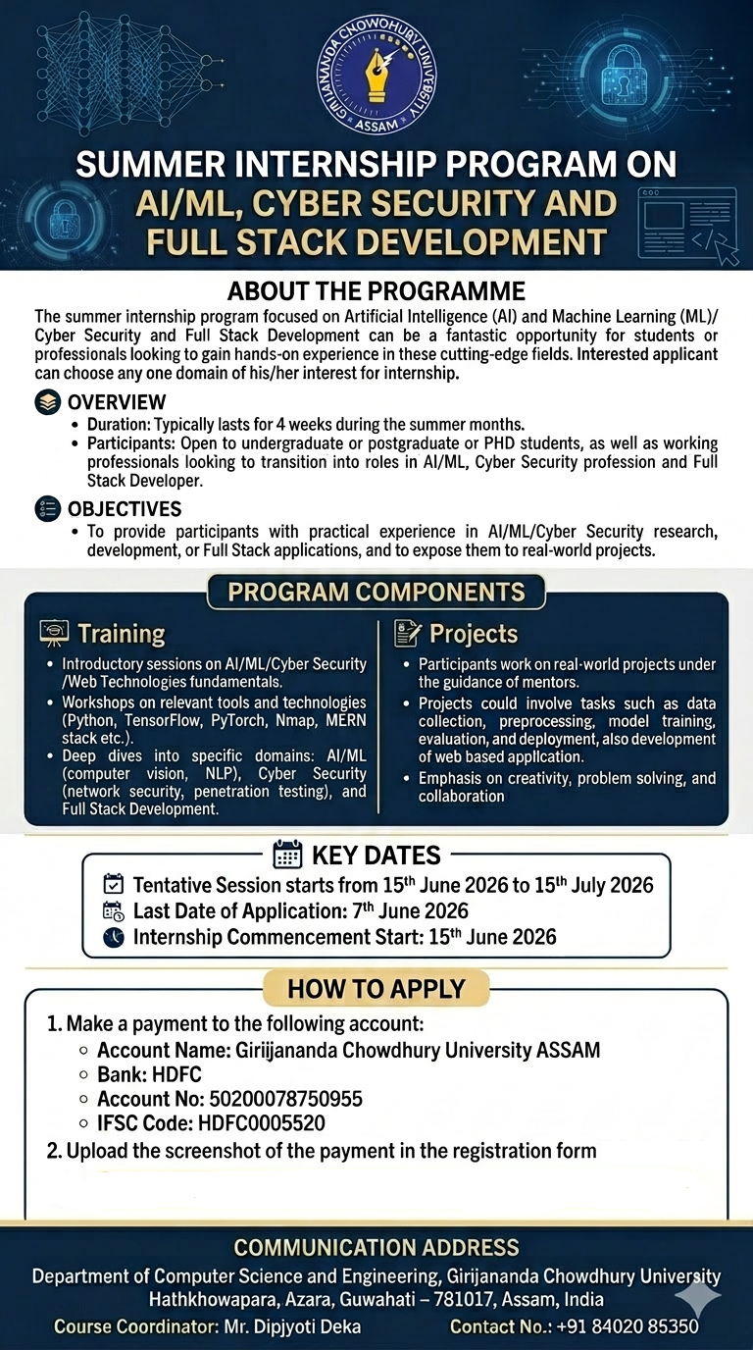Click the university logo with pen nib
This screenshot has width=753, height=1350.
point(376,80)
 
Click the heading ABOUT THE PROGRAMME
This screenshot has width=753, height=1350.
point(376,291)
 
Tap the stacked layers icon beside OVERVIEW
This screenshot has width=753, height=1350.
point(47,402)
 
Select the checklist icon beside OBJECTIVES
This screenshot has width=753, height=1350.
point(47,509)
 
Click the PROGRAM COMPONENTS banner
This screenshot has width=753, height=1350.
point(376,593)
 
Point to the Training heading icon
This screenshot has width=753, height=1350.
point(54,634)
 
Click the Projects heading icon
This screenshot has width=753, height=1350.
point(408,634)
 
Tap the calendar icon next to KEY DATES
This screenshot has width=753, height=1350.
point(287,854)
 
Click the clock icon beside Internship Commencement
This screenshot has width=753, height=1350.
point(114,937)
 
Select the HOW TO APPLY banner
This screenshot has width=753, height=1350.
point(376,988)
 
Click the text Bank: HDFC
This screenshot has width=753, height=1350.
point(148,1074)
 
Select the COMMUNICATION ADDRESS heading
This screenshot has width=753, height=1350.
point(376,1248)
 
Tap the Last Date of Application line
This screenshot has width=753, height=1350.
point(300,911)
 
